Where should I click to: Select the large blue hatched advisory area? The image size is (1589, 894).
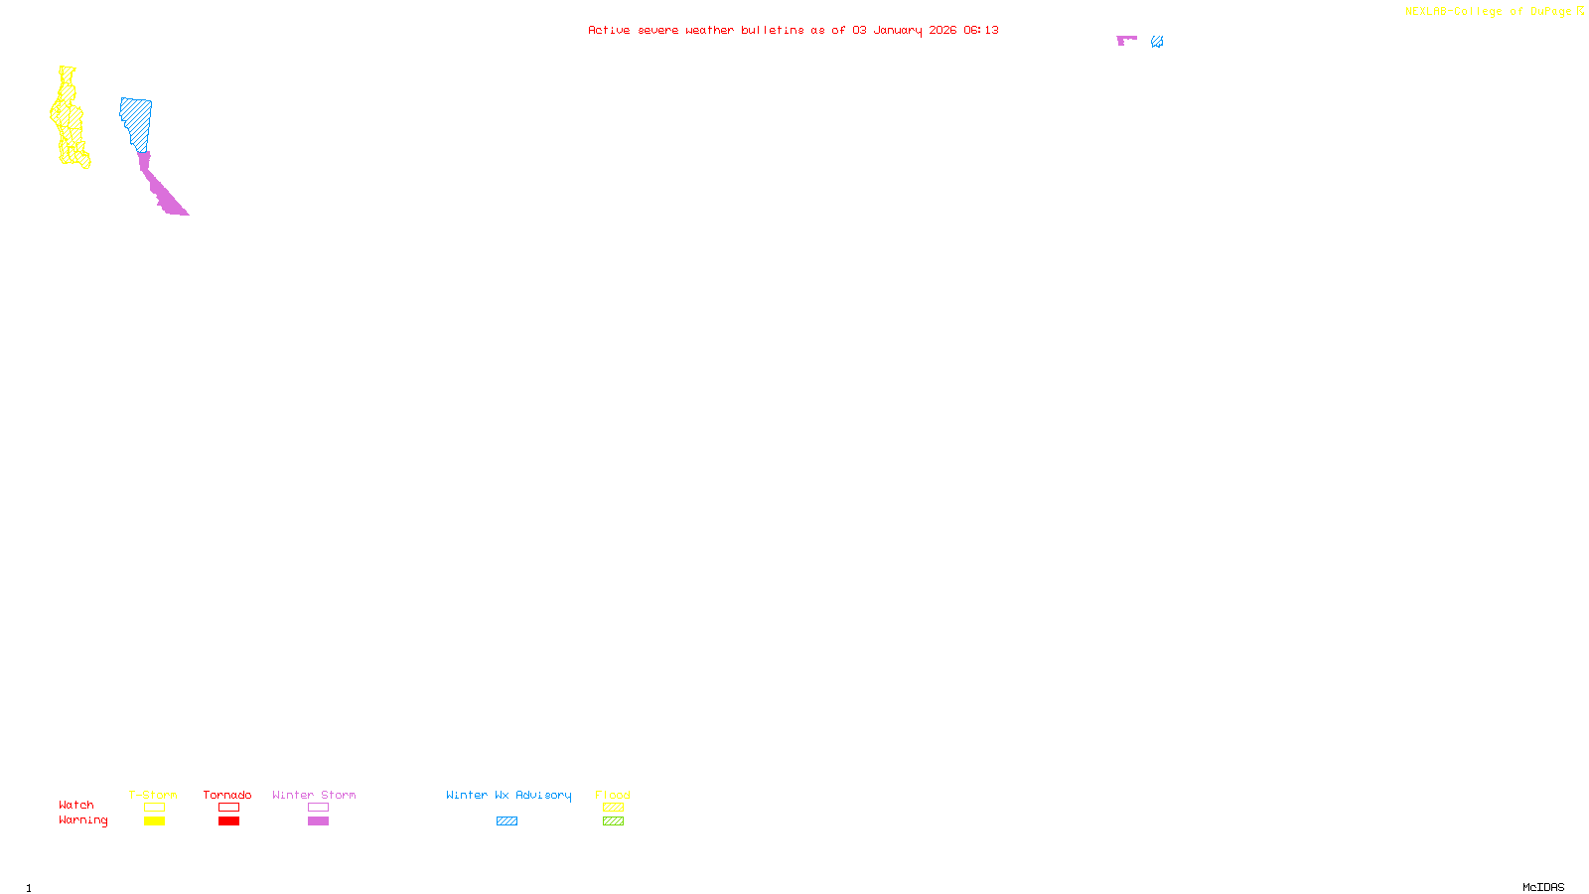136,122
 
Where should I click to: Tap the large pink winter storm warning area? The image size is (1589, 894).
163,190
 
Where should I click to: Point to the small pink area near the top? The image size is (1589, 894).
1124,40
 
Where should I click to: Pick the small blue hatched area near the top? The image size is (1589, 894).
1157,42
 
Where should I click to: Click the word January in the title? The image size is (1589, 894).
897,31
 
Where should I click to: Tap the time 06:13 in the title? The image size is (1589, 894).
980,31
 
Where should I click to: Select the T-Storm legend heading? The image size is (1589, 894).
153,795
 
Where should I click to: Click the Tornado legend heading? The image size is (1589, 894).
227,795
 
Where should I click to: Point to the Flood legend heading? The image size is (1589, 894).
613,795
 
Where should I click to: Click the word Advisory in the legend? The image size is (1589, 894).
543,795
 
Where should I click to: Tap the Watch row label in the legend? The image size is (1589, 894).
76,806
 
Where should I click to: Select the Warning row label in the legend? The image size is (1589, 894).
82,820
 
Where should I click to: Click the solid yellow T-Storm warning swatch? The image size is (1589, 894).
154,821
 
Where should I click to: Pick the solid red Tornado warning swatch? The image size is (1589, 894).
228,821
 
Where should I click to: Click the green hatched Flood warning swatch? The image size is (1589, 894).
613,821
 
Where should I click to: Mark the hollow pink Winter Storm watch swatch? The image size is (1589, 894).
318,808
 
